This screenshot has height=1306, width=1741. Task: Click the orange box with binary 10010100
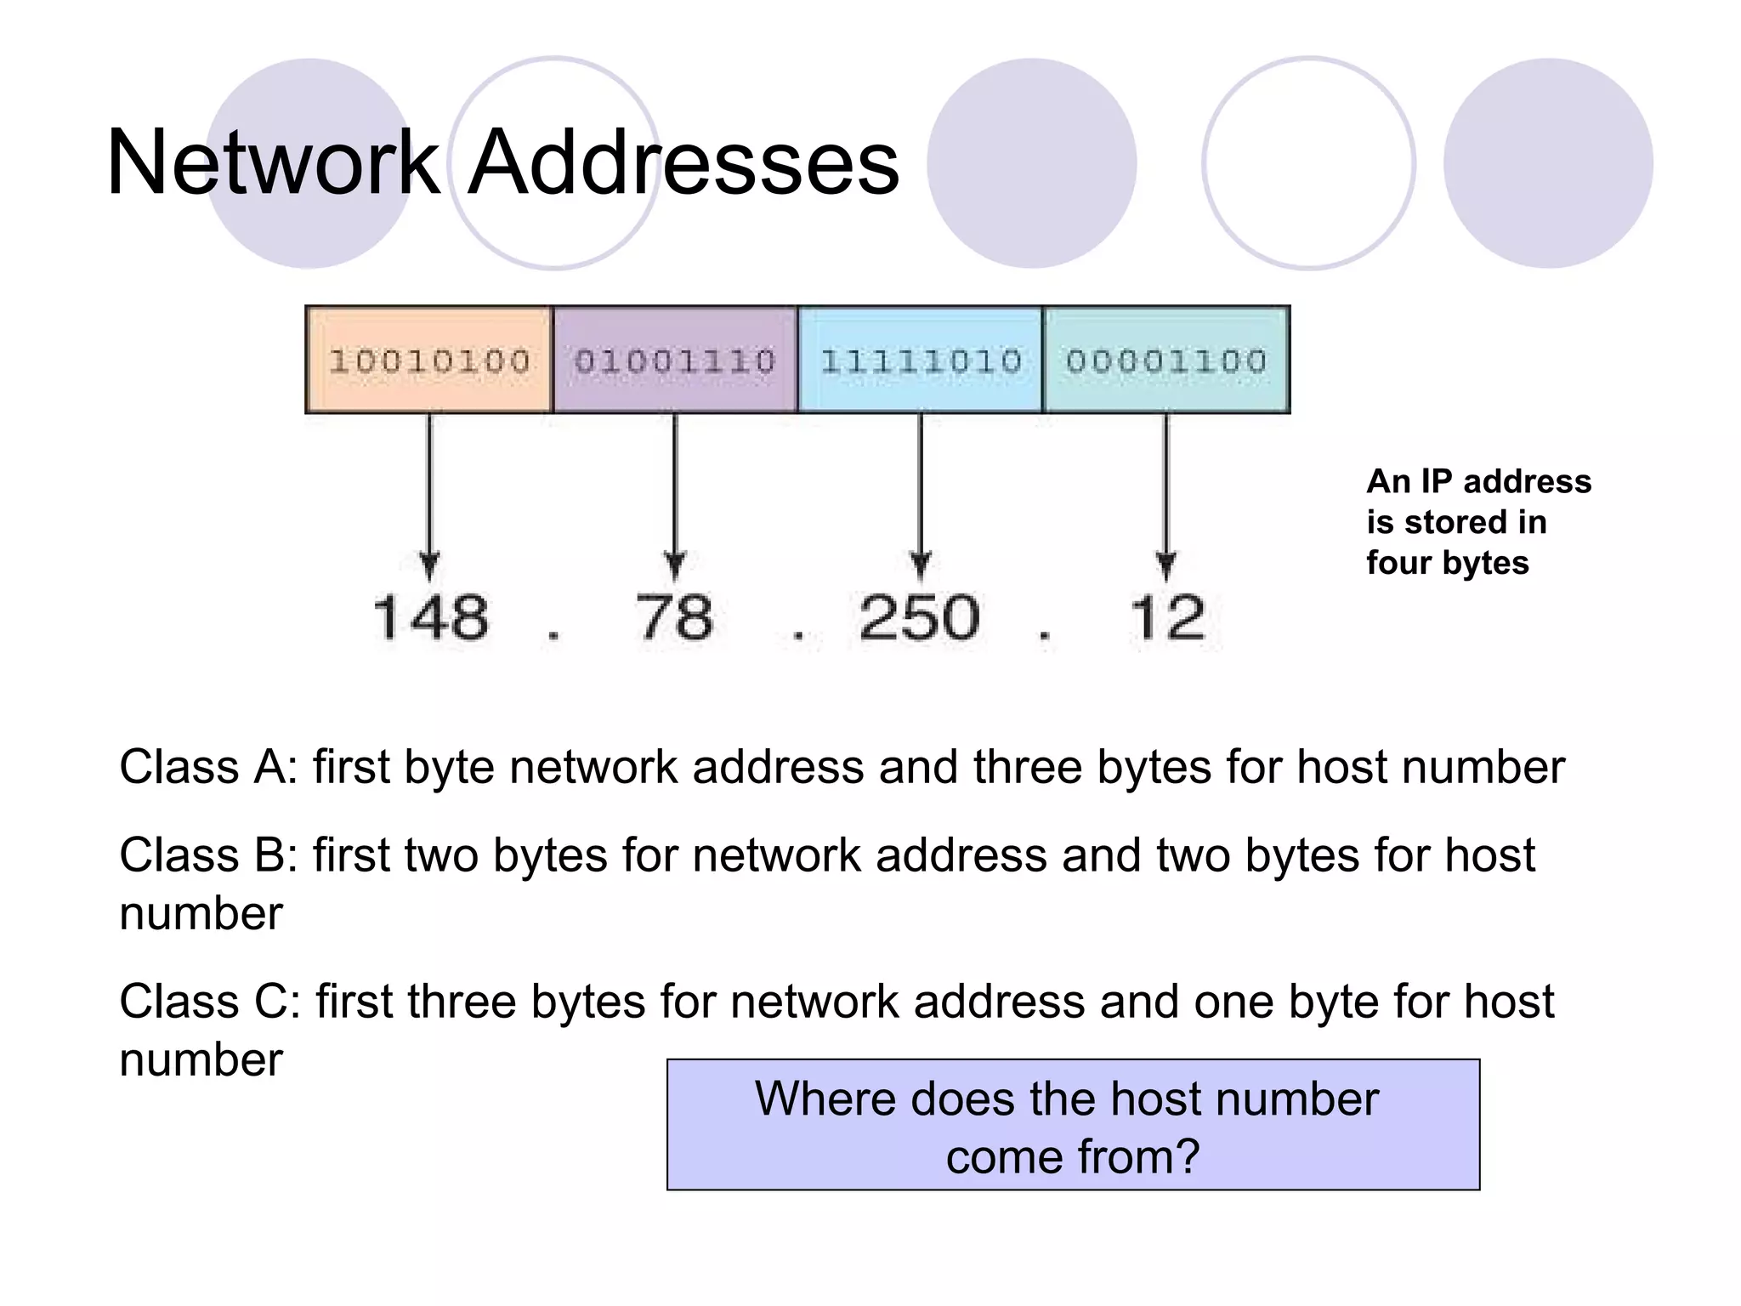tap(429, 361)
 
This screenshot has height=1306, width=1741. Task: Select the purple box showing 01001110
tap(675, 361)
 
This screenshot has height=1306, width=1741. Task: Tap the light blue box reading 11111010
tap(920, 361)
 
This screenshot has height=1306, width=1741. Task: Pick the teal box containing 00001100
tap(1166, 361)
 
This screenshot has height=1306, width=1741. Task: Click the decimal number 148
tap(431, 617)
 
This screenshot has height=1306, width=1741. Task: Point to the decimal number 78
tap(674, 617)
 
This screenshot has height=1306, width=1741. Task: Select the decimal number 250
tap(919, 617)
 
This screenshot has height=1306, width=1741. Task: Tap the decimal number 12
tap(1166, 617)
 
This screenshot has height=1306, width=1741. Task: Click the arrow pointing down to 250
tap(920, 493)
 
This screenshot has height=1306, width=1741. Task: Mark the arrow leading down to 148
tap(429, 493)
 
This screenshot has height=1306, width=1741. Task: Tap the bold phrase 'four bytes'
tap(1447, 563)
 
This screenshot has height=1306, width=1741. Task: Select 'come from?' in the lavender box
tap(1072, 1157)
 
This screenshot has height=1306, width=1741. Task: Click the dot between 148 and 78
tap(553, 634)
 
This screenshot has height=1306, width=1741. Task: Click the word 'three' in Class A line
tap(1027, 767)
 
